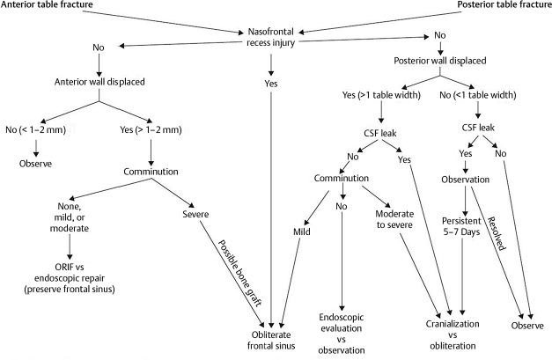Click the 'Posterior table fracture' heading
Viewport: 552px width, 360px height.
tap(494, 6)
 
